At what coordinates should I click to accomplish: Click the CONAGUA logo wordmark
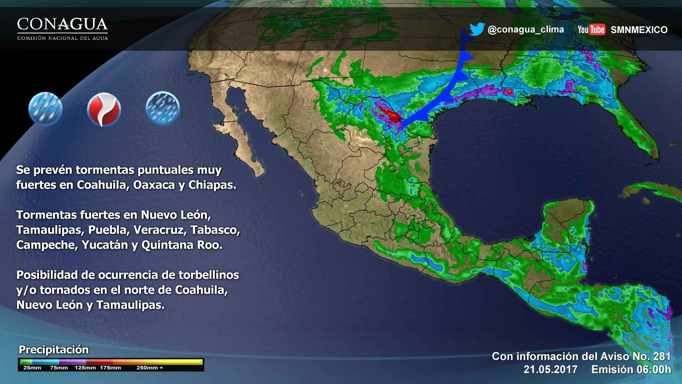pyautogui.click(x=63, y=25)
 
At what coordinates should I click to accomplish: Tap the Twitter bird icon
pyautogui.click(x=477, y=29)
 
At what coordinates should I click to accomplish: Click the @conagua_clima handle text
pyautogui.click(x=526, y=30)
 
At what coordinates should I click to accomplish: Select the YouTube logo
pyautogui.click(x=591, y=30)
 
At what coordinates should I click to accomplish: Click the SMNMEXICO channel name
pyautogui.click(x=639, y=30)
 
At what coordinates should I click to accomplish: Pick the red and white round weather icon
pyautogui.click(x=104, y=110)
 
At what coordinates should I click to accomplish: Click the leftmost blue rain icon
pyautogui.click(x=45, y=109)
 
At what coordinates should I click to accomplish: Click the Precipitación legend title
pyautogui.click(x=54, y=350)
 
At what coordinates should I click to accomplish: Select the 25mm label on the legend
pyautogui.click(x=32, y=368)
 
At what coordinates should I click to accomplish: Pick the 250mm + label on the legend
pyautogui.click(x=150, y=368)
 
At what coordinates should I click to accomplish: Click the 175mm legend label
pyautogui.click(x=110, y=368)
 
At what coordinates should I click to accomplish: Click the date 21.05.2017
pyautogui.click(x=551, y=369)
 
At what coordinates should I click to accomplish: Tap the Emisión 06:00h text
pyautogui.click(x=631, y=369)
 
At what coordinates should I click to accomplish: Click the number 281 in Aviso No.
pyautogui.click(x=662, y=356)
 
